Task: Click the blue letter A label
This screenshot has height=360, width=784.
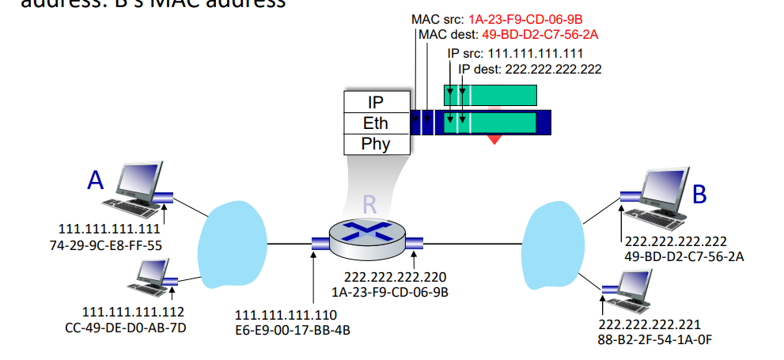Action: coord(96,180)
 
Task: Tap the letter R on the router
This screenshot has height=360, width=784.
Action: coord(369,203)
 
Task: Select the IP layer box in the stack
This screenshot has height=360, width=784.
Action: coord(376,103)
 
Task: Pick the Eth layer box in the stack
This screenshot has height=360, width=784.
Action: coord(376,123)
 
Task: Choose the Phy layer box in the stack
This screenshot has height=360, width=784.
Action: coord(376,144)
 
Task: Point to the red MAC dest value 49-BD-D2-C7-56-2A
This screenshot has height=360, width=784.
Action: coord(534,34)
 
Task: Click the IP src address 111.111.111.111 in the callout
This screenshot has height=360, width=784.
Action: coord(534,54)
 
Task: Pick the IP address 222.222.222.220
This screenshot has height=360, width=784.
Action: coord(395,277)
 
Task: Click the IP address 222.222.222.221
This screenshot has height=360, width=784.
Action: coord(650,324)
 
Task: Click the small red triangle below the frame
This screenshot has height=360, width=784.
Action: coord(494,139)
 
